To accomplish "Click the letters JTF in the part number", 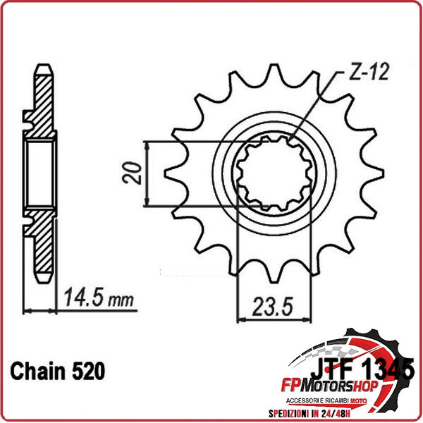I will [332, 369].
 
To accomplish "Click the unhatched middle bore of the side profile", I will [41, 173].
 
